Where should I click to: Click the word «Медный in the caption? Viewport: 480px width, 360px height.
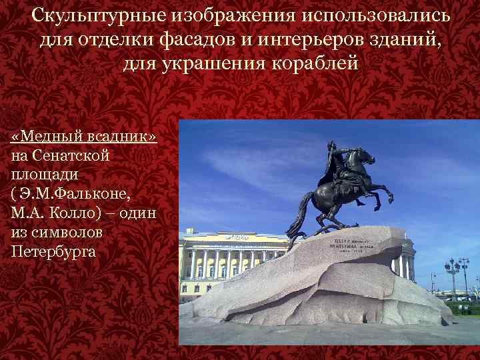(x=47, y=137)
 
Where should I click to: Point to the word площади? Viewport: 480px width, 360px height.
(x=45, y=175)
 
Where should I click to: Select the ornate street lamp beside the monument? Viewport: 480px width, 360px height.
(x=456, y=273)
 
